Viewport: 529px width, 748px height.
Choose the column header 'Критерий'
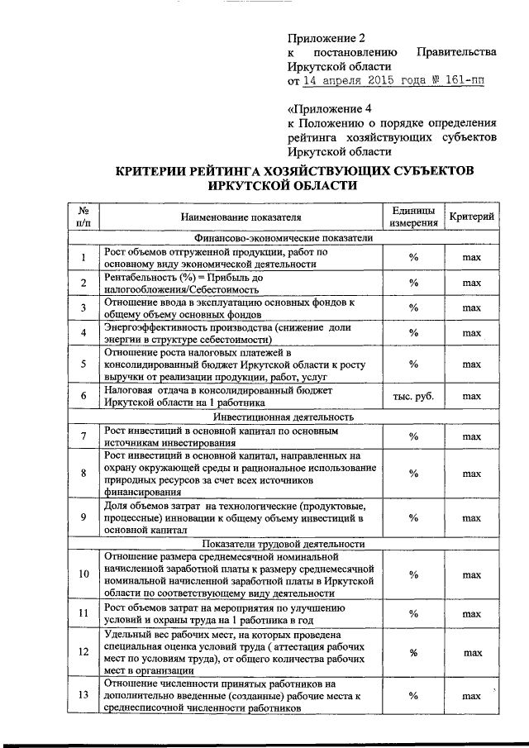pyautogui.click(x=472, y=217)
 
